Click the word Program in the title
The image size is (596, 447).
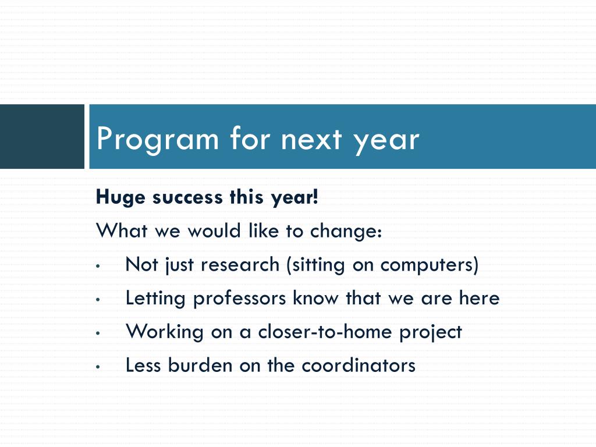(158, 140)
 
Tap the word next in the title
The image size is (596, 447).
(311, 140)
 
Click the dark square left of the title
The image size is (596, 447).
(42, 136)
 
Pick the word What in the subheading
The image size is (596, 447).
(122, 230)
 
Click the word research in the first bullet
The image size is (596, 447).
(240, 265)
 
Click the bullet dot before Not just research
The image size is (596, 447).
(98, 266)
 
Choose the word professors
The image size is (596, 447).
(239, 299)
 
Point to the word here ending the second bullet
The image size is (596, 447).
(479, 297)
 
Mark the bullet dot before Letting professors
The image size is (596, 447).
(98, 300)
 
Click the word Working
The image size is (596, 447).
(165, 332)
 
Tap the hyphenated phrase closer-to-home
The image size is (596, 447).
(325, 332)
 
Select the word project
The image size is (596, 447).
(430, 332)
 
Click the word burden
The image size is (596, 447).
(200, 365)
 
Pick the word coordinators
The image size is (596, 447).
(359, 366)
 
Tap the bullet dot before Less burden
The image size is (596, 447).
(98, 367)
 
